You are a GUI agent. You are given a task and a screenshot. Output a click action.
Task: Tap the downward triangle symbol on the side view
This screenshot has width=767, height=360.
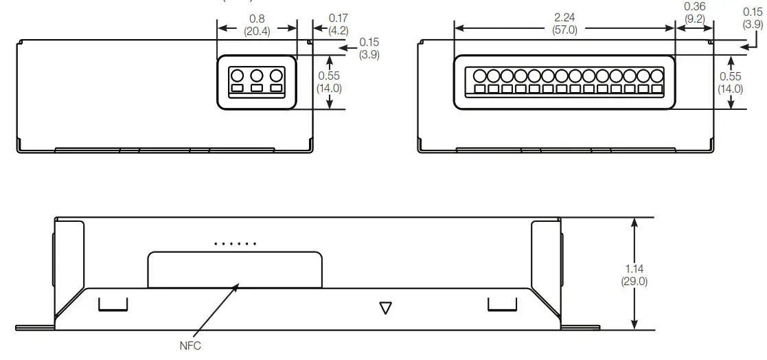point(386,308)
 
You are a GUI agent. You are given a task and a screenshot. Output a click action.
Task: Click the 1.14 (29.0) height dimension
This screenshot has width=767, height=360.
point(634,275)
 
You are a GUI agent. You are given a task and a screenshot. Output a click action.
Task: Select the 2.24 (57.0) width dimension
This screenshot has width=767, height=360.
point(565,24)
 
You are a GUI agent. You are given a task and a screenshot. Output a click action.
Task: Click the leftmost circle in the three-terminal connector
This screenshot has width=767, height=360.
point(237,76)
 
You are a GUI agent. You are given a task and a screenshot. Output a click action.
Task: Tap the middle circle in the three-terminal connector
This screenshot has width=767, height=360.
point(257,76)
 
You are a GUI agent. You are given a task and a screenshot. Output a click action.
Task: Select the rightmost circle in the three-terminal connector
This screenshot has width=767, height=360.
point(277,76)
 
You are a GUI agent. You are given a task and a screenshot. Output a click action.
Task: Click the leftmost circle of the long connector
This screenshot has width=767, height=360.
point(479,75)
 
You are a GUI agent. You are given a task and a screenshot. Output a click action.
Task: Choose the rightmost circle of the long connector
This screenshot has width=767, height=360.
point(657,75)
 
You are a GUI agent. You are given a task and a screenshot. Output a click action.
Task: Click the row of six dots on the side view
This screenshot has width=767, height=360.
point(235,244)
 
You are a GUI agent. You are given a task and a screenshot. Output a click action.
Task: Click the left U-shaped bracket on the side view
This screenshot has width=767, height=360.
point(113,304)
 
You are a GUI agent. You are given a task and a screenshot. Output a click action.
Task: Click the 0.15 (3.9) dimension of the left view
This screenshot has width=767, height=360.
point(369,48)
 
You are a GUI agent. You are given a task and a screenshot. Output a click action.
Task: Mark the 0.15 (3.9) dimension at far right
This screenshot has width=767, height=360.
point(753,18)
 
